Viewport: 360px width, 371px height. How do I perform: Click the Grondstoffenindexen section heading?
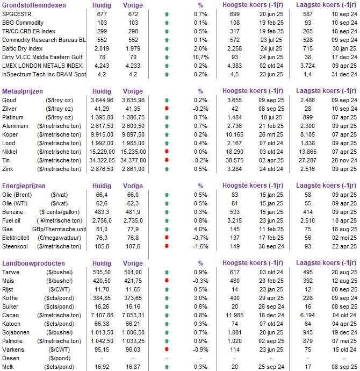click(34, 5)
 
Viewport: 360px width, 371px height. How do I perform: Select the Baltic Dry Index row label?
click(22, 48)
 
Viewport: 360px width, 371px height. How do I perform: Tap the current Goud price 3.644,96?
click(102, 100)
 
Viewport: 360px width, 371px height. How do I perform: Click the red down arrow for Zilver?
click(167, 109)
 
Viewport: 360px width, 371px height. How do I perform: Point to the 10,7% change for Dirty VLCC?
click(200, 57)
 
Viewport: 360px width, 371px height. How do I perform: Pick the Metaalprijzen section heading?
click(23, 91)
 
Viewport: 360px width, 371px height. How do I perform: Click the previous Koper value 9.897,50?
click(133, 134)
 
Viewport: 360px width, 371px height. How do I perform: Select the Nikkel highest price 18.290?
click(234, 152)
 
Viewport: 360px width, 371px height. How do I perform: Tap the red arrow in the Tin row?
click(167, 160)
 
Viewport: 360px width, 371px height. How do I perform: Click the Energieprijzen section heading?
click(24, 186)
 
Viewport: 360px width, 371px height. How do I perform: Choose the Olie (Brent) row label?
click(17, 195)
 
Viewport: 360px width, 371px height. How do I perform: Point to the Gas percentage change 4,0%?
click(200, 229)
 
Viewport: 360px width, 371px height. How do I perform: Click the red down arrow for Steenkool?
click(167, 246)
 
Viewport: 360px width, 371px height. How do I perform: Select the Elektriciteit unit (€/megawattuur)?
click(59, 238)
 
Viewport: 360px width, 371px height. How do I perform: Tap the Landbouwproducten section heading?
click(33, 263)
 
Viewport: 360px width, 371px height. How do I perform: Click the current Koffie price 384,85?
click(102, 298)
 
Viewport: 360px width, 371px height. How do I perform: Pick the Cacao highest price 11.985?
click(234, 315)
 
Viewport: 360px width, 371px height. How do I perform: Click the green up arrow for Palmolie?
click(167, 341)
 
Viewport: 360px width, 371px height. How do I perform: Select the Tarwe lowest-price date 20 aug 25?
click(344, 272)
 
